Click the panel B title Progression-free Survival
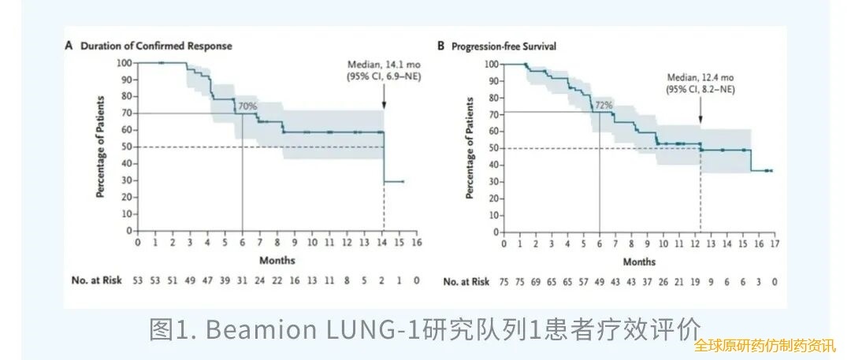pos(503,46)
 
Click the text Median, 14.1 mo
pos(384,65)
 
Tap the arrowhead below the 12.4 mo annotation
pos(700,118)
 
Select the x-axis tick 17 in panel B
pos(775,243)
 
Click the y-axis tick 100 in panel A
pos(124,63)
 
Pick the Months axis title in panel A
pos(278,259)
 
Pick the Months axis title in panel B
pos(638,261)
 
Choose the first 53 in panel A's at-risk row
pos(139,281)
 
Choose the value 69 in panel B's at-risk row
pos(535,281)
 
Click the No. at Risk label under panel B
pos(466,281)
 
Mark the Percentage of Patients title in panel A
pos(101,147)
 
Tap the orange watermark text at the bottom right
pos(764,346)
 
